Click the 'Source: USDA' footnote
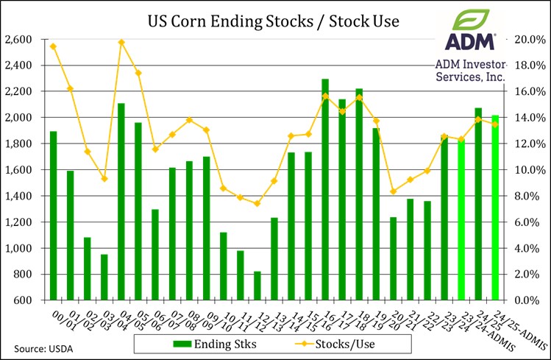click(x=38, y=345)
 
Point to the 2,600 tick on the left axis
click(x=20, y=39)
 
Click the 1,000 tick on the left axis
click(x=20, y=248)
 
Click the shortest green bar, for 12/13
click(x=257, y=286)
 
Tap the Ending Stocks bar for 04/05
click(x=121, y=202)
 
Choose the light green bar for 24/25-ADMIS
click(x=496, y=208)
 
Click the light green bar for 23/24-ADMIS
click(x=462, y=219)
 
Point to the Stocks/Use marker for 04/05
click(x=121, y=42)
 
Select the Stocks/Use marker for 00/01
click(x=53, y=46)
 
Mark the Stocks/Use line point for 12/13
click(x=257, y=203)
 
